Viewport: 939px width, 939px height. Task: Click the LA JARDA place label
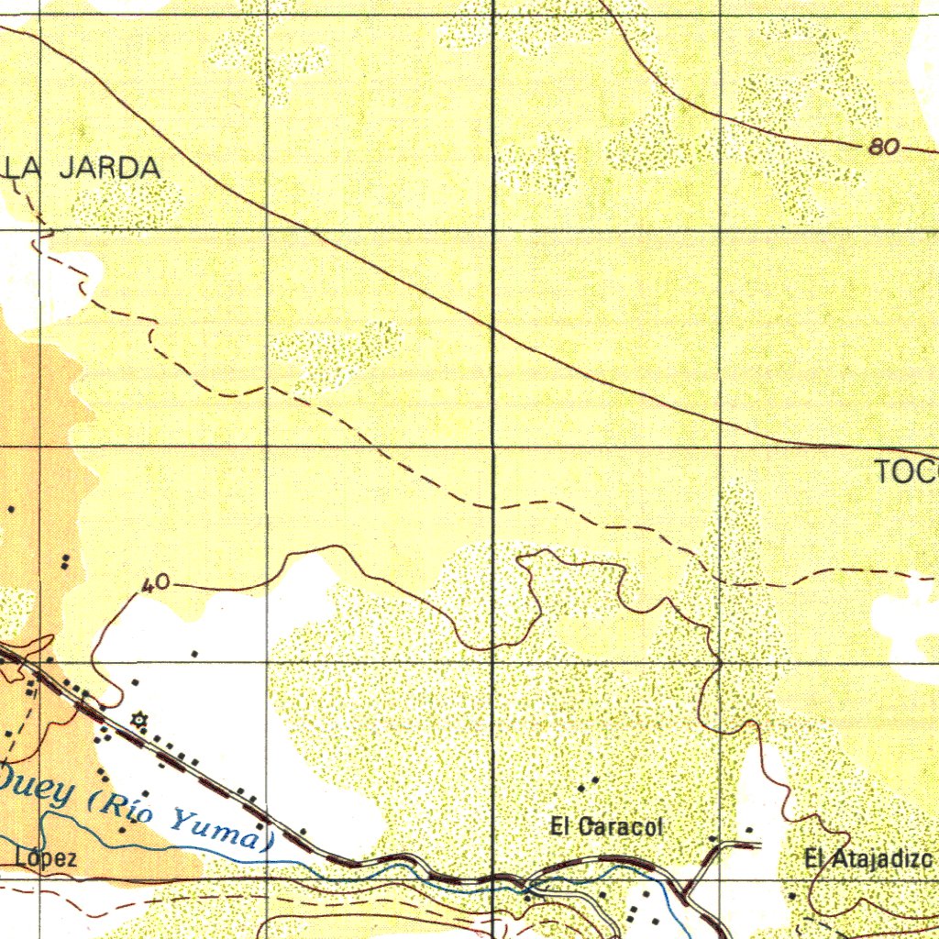(83, 168)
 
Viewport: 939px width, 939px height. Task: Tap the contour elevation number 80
(884, 147)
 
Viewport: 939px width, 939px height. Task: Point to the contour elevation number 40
(158, 584)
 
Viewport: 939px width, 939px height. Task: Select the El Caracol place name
(606, 826)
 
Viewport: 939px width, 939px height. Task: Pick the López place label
(46, 858)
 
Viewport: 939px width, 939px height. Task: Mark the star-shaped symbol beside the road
(139, 720)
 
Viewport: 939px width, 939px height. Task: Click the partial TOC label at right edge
(906, 473)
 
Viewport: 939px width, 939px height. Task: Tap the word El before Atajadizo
(815, 860)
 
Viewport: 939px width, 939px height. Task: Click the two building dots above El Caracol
(588, 783)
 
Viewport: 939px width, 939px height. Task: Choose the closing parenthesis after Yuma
(267, 842)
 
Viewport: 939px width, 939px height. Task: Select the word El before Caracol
(560, 826)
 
